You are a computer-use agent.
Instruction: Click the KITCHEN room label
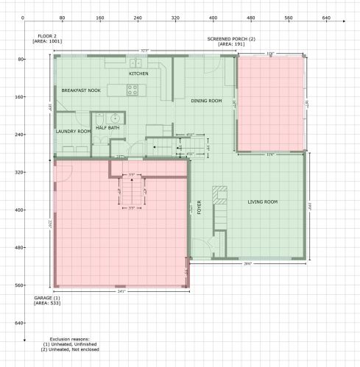[138, 74]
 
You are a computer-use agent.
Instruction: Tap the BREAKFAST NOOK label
[80, 90]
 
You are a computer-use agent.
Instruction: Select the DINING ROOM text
[206, 101]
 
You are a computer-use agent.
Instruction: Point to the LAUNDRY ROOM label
[73, 131]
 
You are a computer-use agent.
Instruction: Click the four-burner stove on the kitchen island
[133, 90]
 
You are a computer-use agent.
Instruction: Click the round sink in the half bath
[115, 117]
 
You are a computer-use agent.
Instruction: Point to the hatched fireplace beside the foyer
[218, 195]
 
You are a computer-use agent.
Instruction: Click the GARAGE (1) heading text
[46, 297]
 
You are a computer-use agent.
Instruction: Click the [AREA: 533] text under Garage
[48, 302]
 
